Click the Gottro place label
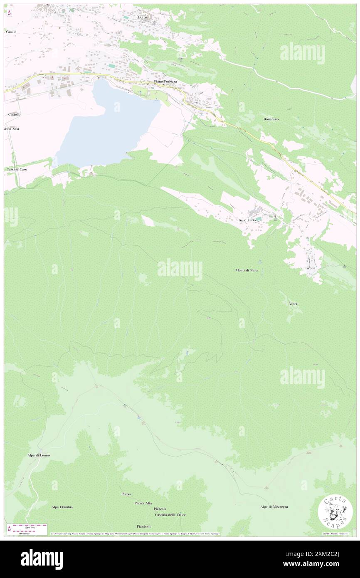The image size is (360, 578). (x=143, y=17)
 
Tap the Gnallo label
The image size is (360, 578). (x=11, y=32)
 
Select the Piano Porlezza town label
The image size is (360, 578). (x=165, y=82)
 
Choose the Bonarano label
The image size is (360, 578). (x=271, y=119)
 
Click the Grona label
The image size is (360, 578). (x=311, y=268)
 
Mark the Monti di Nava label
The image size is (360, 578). (x=247, y=270)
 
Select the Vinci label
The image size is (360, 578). (x=293, y=304)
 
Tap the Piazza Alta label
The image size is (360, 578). (x=143, y=503)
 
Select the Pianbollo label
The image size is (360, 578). (x=144, y=526)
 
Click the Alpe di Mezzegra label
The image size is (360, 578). (x=274, y=506)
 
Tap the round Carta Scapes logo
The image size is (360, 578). (x=335, y=511)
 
